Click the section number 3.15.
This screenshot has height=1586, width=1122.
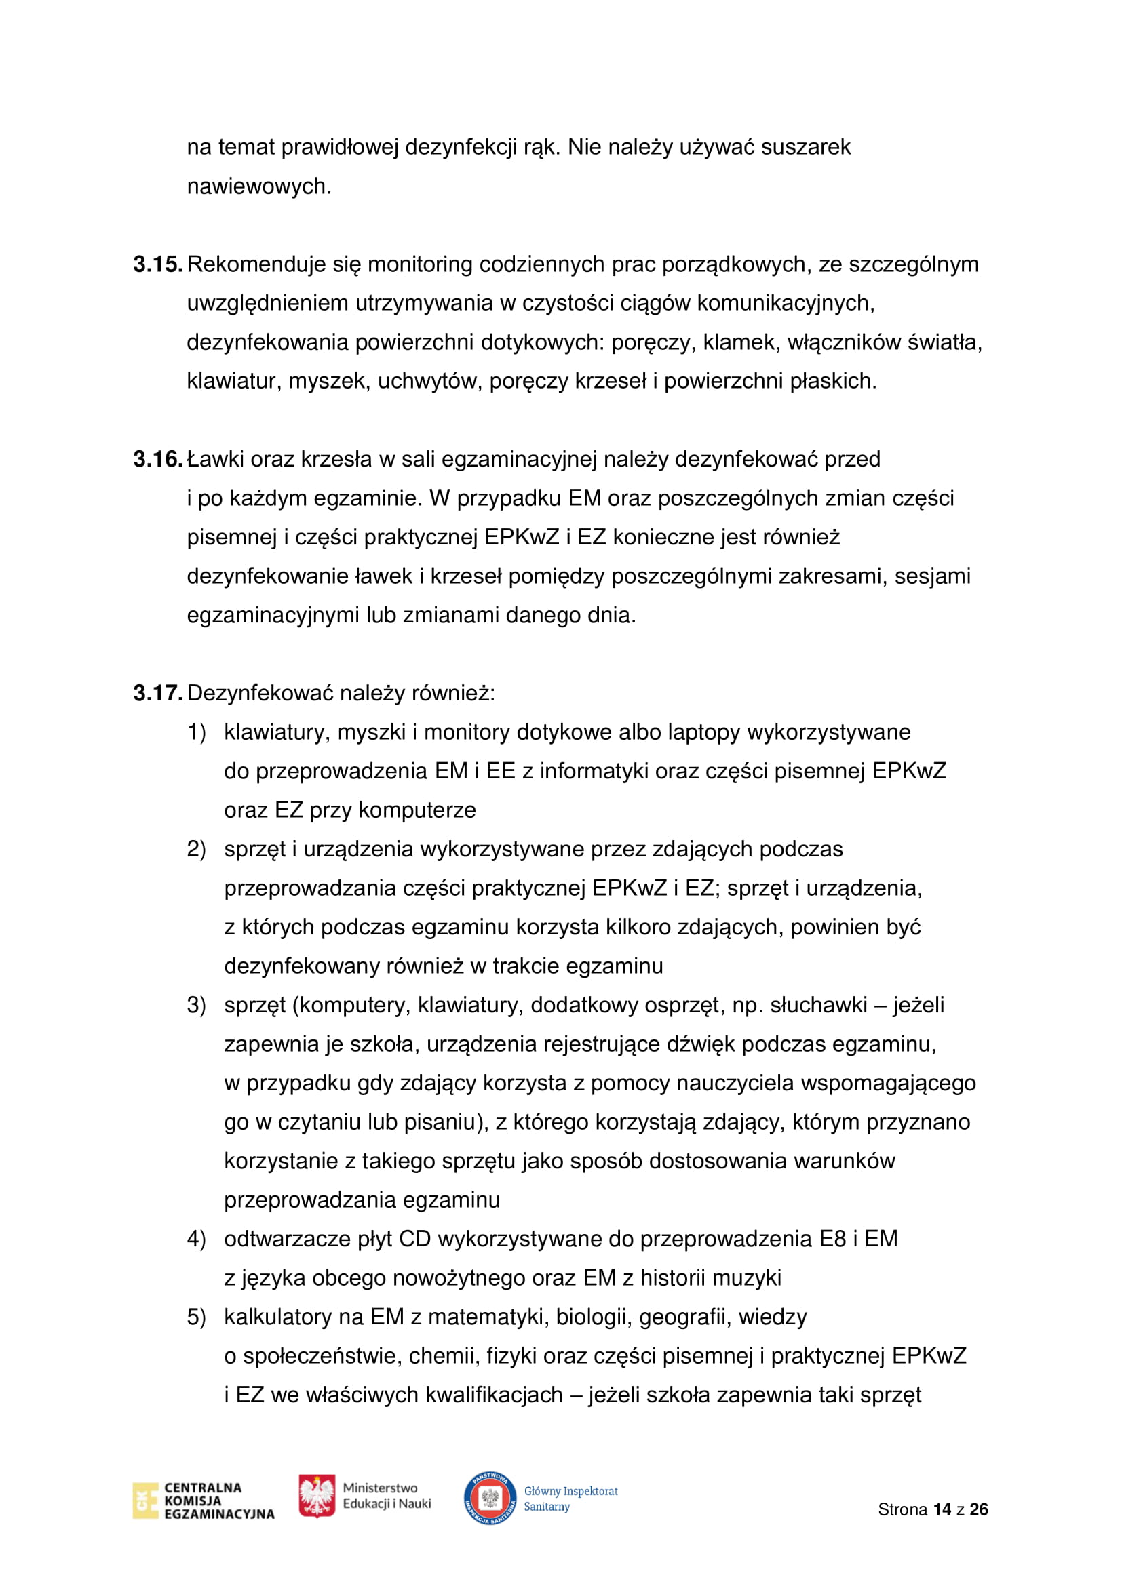pyautogui.click(x=157, y=264)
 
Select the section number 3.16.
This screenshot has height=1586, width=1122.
pyautogui.click(x=157, y=459)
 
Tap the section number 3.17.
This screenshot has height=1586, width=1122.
pyautogui.click(x=157, y=694)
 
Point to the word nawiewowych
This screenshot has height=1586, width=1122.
pyautogui.click(x=259, y=186)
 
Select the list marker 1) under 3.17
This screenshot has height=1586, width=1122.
pyautogui.click(x=196, y=732)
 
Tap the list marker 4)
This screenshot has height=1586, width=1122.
pyautogui.click(x=196, y=1240)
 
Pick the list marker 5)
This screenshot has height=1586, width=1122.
pyautogui.click(x=196, y=1317)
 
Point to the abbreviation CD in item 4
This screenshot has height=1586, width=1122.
pyautogui.click(x=414, y=1240)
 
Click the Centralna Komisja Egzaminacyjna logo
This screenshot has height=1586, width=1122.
pyautogui.click(x=204, y=1501)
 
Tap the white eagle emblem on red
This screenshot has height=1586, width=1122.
pyautogui.click(x=316, y=1496)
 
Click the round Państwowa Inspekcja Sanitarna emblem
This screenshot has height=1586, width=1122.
pyautogui.click(x=490, y=1499)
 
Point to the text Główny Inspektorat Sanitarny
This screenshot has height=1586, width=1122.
pyautogui.click(x=570, y=1499)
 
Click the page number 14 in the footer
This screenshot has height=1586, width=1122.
pyautogui.click(x=942, y=1509)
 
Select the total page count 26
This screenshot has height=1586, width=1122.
pyautogui.click(x=978, y=1509)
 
